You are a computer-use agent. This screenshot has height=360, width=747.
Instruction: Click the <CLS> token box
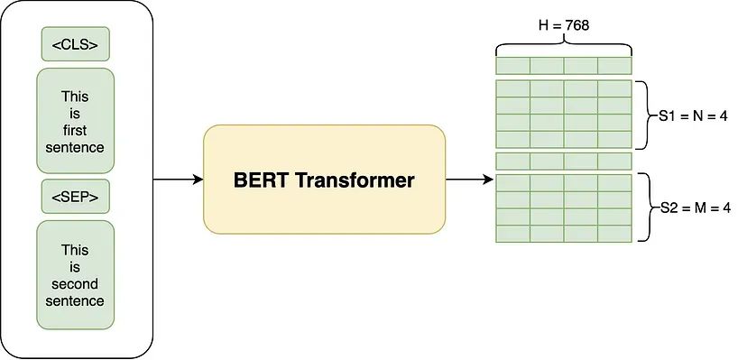click(76, 44)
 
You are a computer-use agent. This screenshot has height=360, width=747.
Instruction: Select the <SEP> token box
click(76, 196)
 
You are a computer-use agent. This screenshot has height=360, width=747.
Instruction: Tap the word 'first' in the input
click(76, 129)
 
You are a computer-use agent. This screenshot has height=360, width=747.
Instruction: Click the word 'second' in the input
click(76, 284)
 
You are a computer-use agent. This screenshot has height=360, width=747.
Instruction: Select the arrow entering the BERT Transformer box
click(178, 180)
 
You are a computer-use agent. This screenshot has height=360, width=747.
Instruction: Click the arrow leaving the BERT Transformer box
click(469, 180)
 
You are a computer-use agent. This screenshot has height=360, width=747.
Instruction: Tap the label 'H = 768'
click(563, 25)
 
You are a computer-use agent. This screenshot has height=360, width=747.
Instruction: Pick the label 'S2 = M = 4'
click(691, 208)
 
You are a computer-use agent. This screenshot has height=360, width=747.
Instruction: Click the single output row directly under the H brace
click(563, 66)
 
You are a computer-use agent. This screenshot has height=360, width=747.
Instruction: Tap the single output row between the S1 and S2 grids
click(563, 161)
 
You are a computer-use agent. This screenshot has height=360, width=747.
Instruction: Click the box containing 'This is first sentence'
click(76, 120)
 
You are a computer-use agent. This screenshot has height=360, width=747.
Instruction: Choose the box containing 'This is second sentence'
click(76, 274)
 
